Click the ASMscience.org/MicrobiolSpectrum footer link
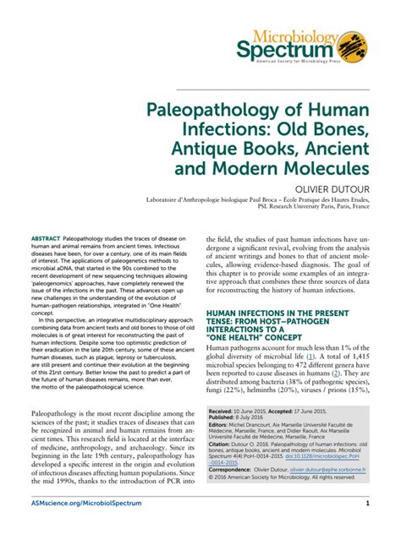pyautogui.click(x=80, y=504)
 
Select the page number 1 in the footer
pyautogui.click(x=368, y=504)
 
